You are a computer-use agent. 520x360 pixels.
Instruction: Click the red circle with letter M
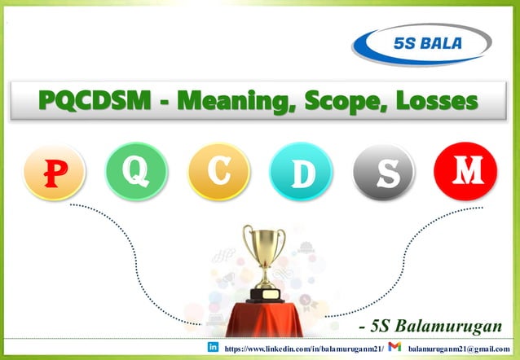(465, 171)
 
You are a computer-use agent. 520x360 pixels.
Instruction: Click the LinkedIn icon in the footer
(214, 349)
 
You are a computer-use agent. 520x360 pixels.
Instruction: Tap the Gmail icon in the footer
(394, 349)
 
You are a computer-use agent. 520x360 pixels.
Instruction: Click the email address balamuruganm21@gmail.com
(461, 349)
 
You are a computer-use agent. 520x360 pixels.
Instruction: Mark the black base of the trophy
(264, 294)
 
